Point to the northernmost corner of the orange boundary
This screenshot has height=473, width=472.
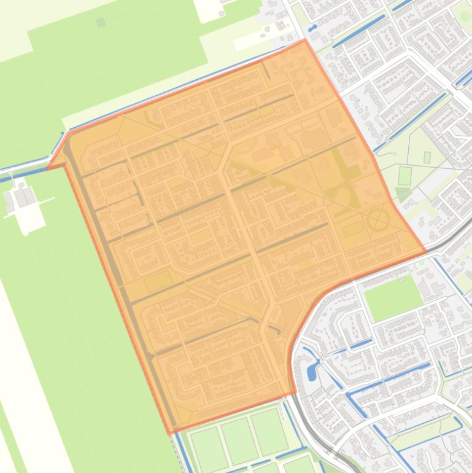tap(304, 41)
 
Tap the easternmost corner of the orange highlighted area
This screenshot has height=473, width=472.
tap(425, 252)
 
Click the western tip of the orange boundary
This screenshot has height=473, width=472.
tap(48, 167)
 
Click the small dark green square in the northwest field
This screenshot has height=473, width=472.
tap(101, 22)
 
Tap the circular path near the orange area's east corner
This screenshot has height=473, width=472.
tap(377, 219)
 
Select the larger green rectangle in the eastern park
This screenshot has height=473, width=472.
tap(404, 176)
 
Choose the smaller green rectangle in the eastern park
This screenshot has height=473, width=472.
tap(427, 157)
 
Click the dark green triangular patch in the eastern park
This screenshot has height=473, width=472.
tap(402, 195)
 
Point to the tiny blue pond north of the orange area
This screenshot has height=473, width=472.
tap(312, 28)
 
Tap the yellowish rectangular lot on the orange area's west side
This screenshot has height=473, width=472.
tap(158, 281)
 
